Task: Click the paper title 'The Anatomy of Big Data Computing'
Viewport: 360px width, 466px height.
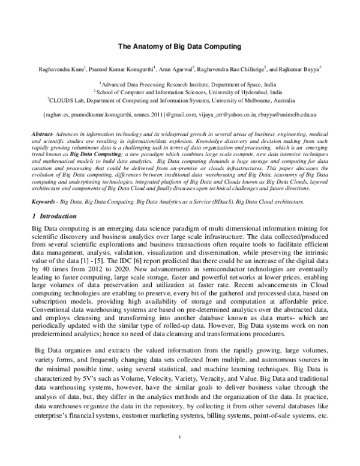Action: (x=179, y=46)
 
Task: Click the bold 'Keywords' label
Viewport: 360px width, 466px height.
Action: (x=42, y=184)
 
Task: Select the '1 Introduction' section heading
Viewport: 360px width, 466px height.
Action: (x=55, y=199)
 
